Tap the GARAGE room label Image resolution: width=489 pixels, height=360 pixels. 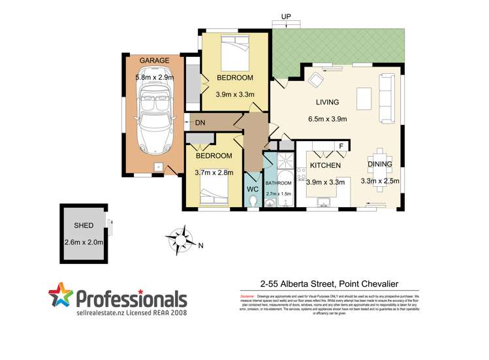[154, 61]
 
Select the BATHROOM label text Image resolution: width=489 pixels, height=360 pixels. [279, 184]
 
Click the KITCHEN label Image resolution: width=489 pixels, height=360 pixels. [326, 166]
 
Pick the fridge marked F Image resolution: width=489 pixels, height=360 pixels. [340, 146]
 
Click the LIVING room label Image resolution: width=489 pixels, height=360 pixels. [327, 102]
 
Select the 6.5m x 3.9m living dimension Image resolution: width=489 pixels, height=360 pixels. [327, 119]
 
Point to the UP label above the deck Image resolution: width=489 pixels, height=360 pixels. [285, 16]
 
